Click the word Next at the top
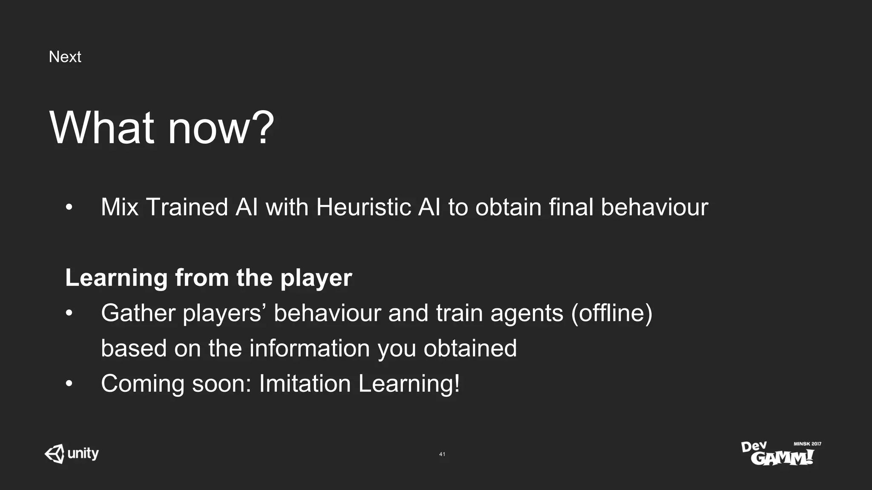tap(65, 57)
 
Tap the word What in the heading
tap(101, 127)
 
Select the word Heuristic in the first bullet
tap(363, 207)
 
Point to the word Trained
tap(187, 207)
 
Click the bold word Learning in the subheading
tap(116, 278)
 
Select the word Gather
tap(138, 313)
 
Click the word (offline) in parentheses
tap(611, 313)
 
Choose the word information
tap(310, 348)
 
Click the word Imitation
tap(304, 383)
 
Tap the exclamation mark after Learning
tap(457, 383)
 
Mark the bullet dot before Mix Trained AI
tap(69, 208)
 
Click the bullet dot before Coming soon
tap(69, 384)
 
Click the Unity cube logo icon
tap(54, 454)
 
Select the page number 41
tap(442, 454)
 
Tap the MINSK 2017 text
tap(807, 444)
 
